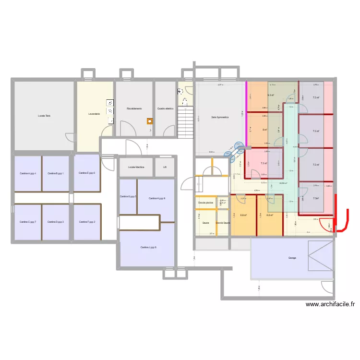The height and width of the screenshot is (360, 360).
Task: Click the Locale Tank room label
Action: (44, 116)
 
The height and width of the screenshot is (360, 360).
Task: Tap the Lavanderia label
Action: (94, 114)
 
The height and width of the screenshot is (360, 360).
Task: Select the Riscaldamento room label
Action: (134, 108)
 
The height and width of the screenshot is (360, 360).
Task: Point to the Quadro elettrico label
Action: (165, 108)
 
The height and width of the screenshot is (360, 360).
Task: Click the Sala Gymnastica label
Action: (219, 117)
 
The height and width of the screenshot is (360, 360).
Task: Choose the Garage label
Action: (292, 258)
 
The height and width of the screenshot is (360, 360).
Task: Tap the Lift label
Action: (165, 167)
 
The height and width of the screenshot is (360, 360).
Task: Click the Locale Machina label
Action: (136, 167)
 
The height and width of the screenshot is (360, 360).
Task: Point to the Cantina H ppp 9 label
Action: (157, 198)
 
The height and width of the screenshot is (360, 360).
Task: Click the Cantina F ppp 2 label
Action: (87, 222)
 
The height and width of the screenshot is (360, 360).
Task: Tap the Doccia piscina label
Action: (206, 203)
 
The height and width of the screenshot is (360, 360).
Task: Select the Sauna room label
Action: (205, 223)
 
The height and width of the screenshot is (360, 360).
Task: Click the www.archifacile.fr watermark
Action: (331, 304)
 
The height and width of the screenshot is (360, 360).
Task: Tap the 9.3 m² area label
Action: (270, 95)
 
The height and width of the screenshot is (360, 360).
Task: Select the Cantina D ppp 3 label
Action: (56, 222)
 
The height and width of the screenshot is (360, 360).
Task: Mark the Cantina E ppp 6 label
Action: (87, 173)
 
